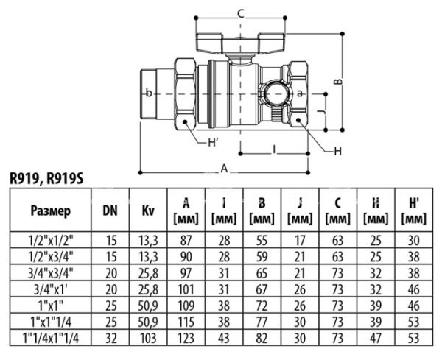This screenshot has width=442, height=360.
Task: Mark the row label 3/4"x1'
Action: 51,288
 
